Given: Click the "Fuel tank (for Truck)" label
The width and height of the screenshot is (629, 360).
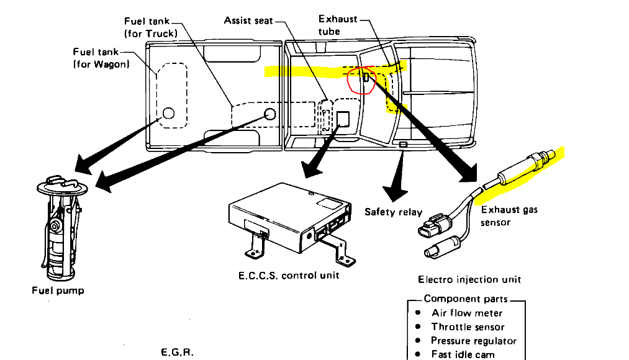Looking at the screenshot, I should click(x=151, y=27).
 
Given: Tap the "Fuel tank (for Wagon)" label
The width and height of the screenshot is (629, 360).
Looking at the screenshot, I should click(x=101, y=58).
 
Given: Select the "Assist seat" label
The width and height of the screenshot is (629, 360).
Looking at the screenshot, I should click(x=248, y=21).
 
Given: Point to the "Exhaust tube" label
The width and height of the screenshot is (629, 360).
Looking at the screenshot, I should click(x=338, y=25).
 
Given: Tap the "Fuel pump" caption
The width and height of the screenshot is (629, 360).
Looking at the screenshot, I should click(x=58, y=290).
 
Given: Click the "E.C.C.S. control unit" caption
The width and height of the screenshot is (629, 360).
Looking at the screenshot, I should click(x=289, y=275).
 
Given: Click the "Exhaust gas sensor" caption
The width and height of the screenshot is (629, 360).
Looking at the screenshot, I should click(x=509, y=216).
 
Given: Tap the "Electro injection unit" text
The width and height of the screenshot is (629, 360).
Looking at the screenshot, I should click(x=469, y=280).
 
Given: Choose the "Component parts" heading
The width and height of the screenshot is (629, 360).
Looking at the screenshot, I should click(x=466, y=299).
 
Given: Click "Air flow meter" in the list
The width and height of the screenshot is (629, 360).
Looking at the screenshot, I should click(x=467, y=313).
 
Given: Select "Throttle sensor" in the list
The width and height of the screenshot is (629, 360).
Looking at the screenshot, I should click(x=468, y=327).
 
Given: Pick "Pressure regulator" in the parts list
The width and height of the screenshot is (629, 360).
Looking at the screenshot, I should click(x=473, y=341).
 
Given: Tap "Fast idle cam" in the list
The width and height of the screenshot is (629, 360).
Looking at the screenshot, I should click(x=463, y=354).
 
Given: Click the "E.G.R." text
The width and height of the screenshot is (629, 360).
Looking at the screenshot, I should click(x=177, y=352).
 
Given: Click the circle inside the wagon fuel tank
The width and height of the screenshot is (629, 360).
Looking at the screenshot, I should click(x=168, y=114).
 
